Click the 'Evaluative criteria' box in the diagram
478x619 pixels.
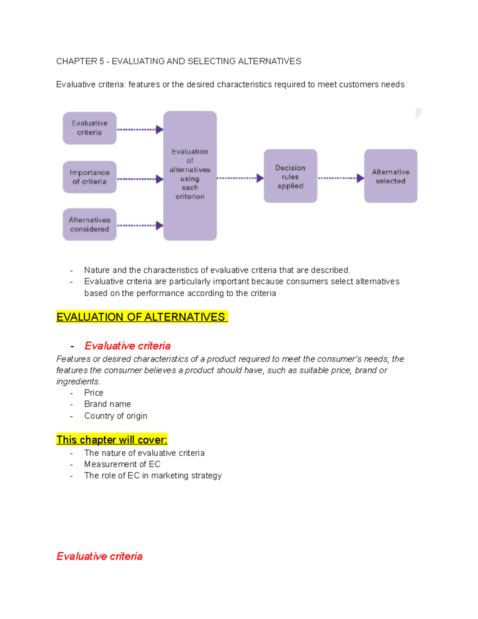click(90, 128)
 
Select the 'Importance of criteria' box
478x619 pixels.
click(90, 177)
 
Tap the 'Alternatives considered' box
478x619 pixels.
click(90, 224)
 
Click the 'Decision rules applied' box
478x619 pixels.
click(290, 176)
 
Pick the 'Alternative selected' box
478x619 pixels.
click(391, 176)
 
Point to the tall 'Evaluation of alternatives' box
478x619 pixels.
click(190, 175)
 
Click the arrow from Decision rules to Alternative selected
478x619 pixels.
click(341, 178)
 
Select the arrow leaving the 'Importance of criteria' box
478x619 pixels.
click(140, 179)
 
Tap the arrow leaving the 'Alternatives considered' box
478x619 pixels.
click(140, 226)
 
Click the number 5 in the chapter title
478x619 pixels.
click(102, 61)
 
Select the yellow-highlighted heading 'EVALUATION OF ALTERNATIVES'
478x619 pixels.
click(141, 317)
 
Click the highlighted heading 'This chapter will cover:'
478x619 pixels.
click(112, 440)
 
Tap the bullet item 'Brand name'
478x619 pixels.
click(108, 404)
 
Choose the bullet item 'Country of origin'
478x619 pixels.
click(116, 416)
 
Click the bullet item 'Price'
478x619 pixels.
click(94, 393)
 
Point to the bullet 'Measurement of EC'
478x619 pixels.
click(122, 464)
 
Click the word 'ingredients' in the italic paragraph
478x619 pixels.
click(77, 381)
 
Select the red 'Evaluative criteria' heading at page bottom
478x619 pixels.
click(100, 556)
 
